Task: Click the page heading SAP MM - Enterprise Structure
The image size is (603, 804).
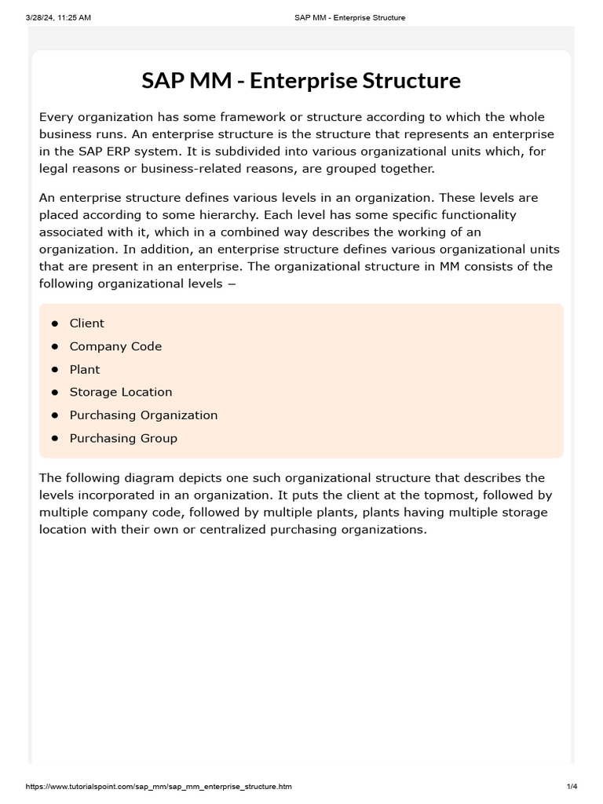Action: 301,81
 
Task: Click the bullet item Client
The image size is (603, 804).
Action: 86,323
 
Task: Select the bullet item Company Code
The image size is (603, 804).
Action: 115,346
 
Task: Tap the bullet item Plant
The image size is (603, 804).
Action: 85,369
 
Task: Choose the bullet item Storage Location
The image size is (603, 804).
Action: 121,392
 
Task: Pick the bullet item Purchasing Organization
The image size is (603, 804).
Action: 144,415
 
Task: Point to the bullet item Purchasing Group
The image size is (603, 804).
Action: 123,438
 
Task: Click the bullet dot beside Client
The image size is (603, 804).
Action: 55,323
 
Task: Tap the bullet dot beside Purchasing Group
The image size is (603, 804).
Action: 55,438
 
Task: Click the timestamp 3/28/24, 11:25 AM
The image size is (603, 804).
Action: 47,17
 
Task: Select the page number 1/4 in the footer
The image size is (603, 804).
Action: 572,787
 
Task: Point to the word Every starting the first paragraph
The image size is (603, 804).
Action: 56,117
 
